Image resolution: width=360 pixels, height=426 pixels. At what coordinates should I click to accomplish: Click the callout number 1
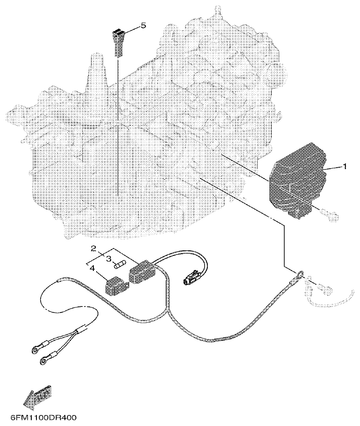coord(345,166)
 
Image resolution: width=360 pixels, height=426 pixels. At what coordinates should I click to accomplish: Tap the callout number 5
coord(143,26)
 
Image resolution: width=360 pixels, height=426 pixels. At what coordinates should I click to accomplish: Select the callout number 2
coord(93,248)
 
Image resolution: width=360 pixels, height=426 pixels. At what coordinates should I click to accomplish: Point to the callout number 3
coord(108,258)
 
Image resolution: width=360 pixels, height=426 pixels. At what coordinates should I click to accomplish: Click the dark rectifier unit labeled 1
coord(296,182)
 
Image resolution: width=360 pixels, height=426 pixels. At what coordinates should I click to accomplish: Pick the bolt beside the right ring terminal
coord(325,290)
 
